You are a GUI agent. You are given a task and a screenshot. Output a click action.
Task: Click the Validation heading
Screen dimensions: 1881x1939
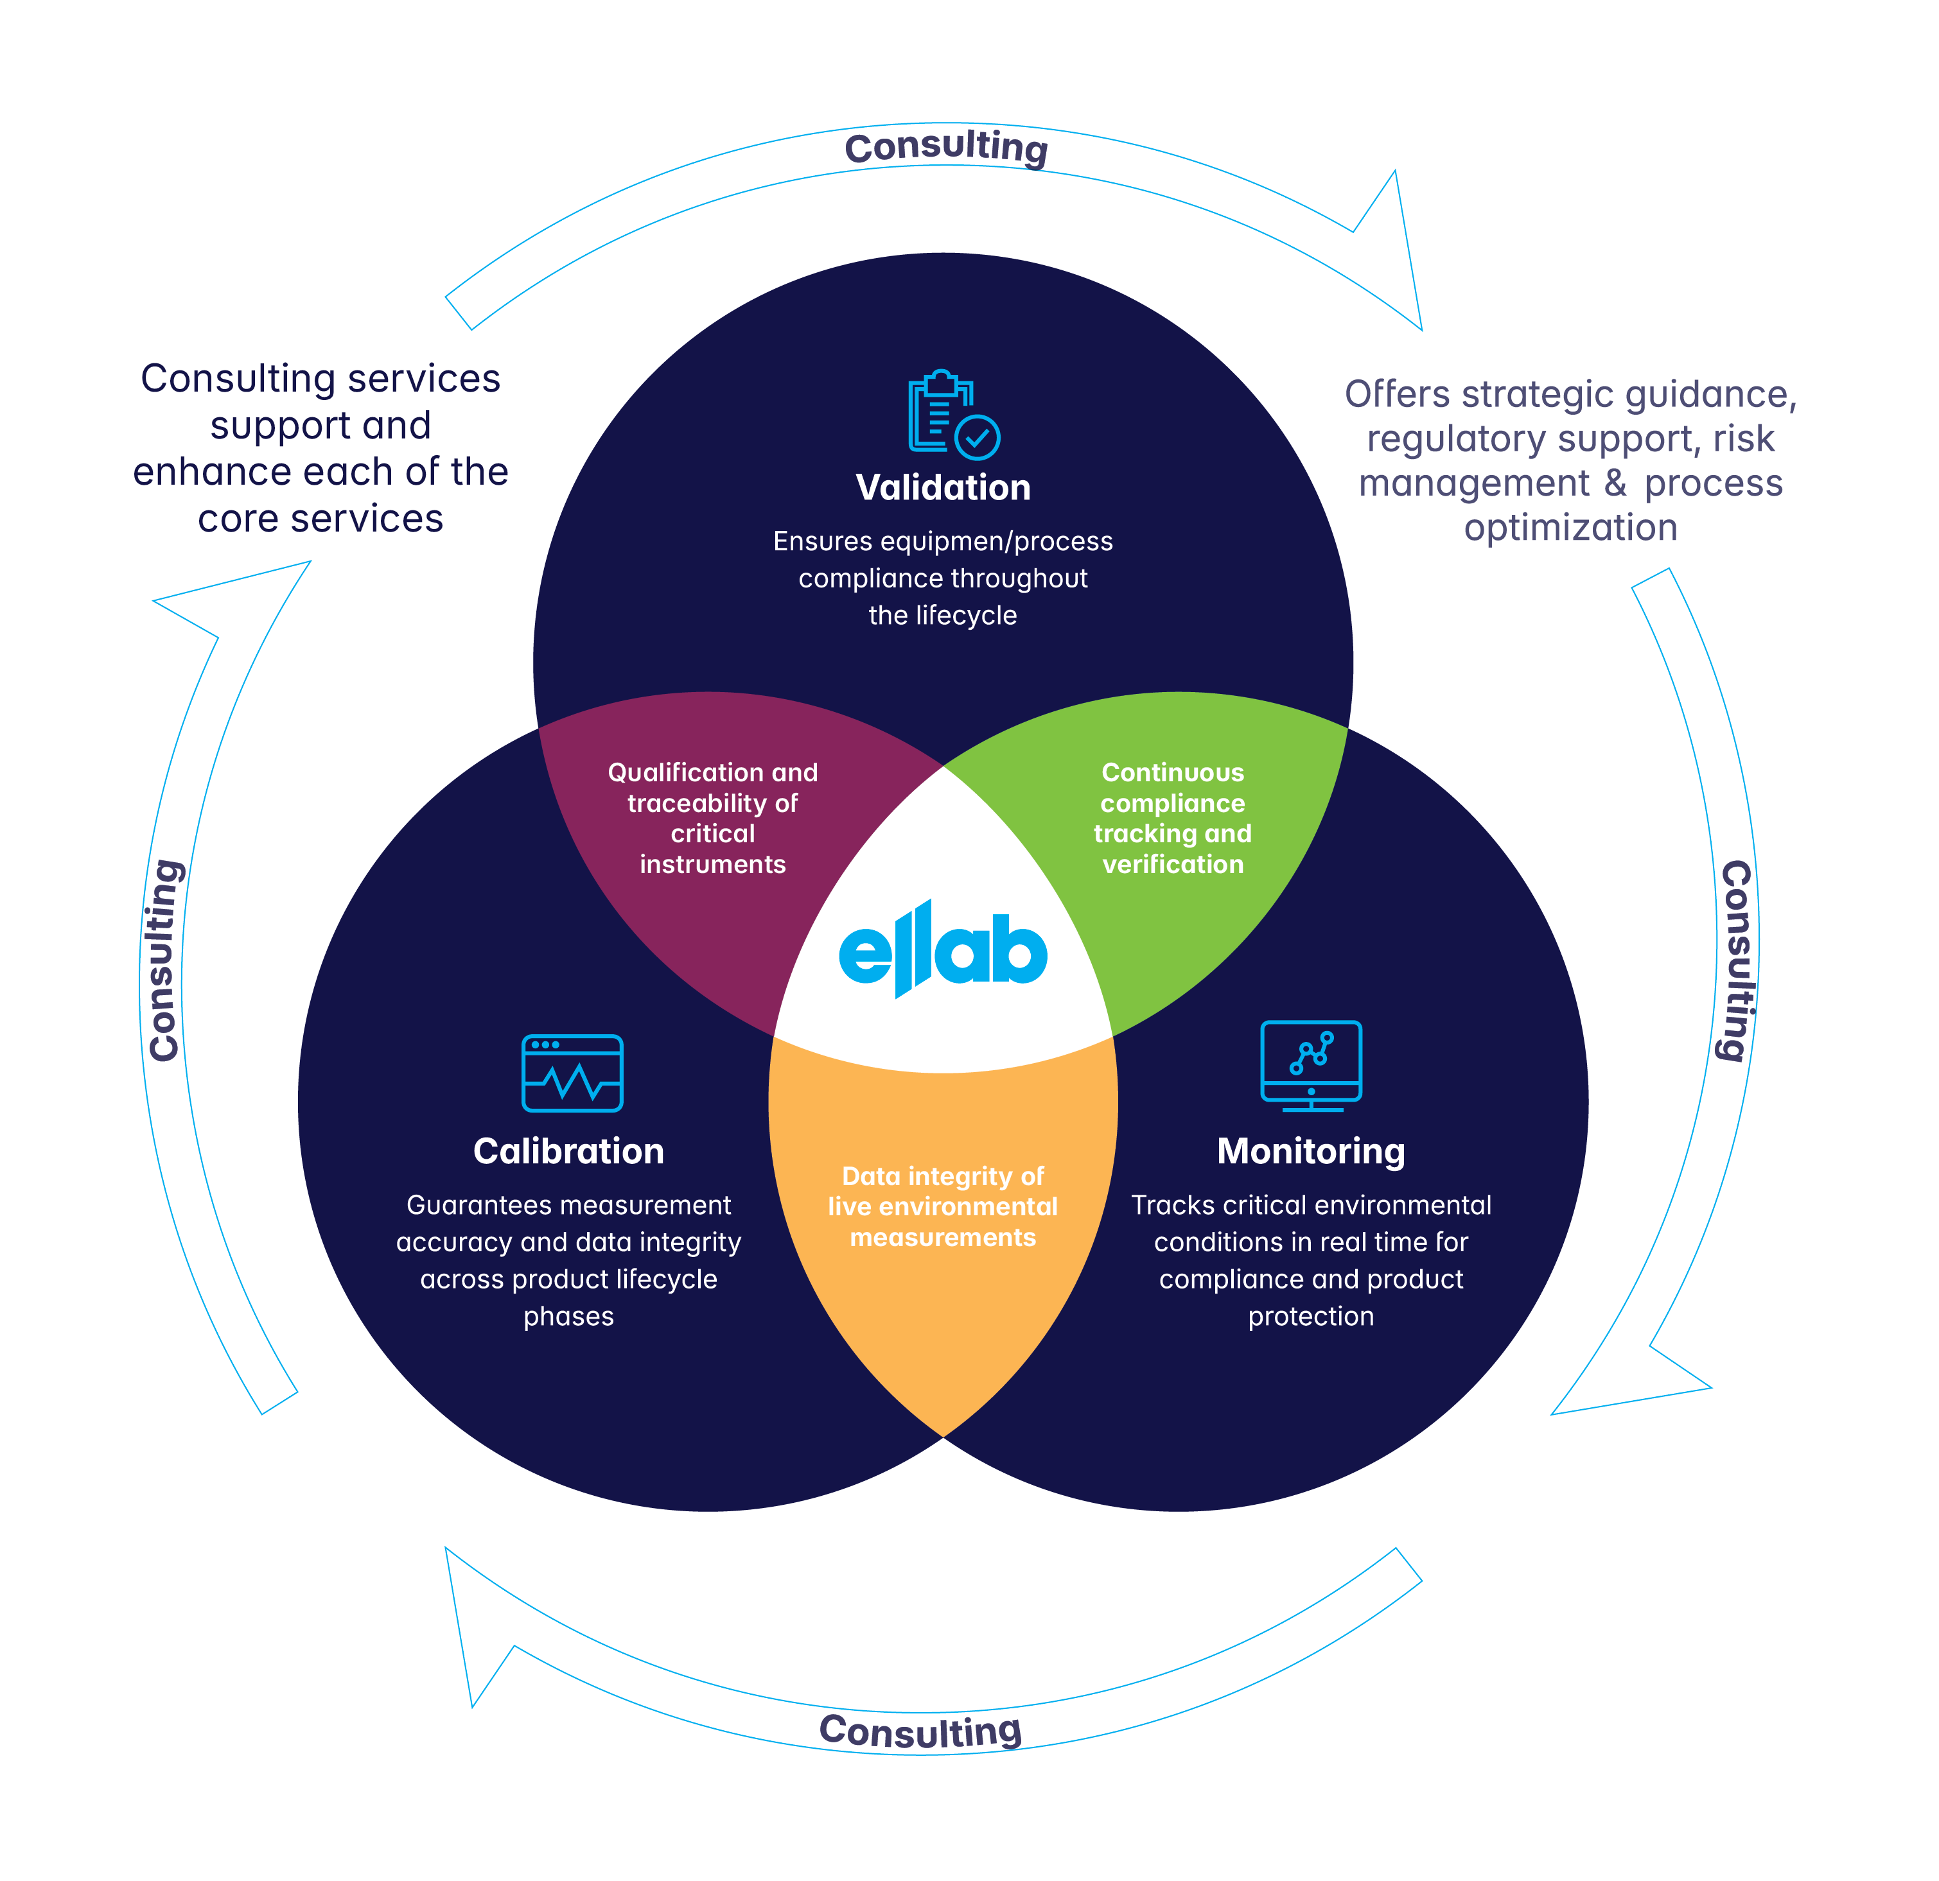pyautogui.click(x=943, y=487)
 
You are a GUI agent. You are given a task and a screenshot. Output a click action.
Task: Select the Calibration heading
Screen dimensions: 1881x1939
pyautogui.click(x=569, y=1151)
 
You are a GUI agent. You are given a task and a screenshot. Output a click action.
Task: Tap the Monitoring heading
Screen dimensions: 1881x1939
pyautogui.click(x=1311, y=1151)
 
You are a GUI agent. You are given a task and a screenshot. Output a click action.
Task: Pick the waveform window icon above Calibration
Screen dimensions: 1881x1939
pyautogui.click(x=572, y=1073)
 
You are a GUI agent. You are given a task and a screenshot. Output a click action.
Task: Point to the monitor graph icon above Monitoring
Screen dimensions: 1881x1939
pyautogui.click(x=1311, y=1065)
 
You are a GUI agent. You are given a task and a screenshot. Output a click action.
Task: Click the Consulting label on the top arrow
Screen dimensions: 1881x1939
pyautogui.click(x=946, y=148)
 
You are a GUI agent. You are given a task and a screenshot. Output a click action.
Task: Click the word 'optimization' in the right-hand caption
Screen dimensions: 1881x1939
pyautogui.click(x=1570, y=528)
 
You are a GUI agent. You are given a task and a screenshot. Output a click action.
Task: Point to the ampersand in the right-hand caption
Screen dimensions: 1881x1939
pyautogui.click(x=1615, y=483)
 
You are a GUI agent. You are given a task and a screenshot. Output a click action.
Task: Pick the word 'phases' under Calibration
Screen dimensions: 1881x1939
pyautogui.click(x=569, y=1316)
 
